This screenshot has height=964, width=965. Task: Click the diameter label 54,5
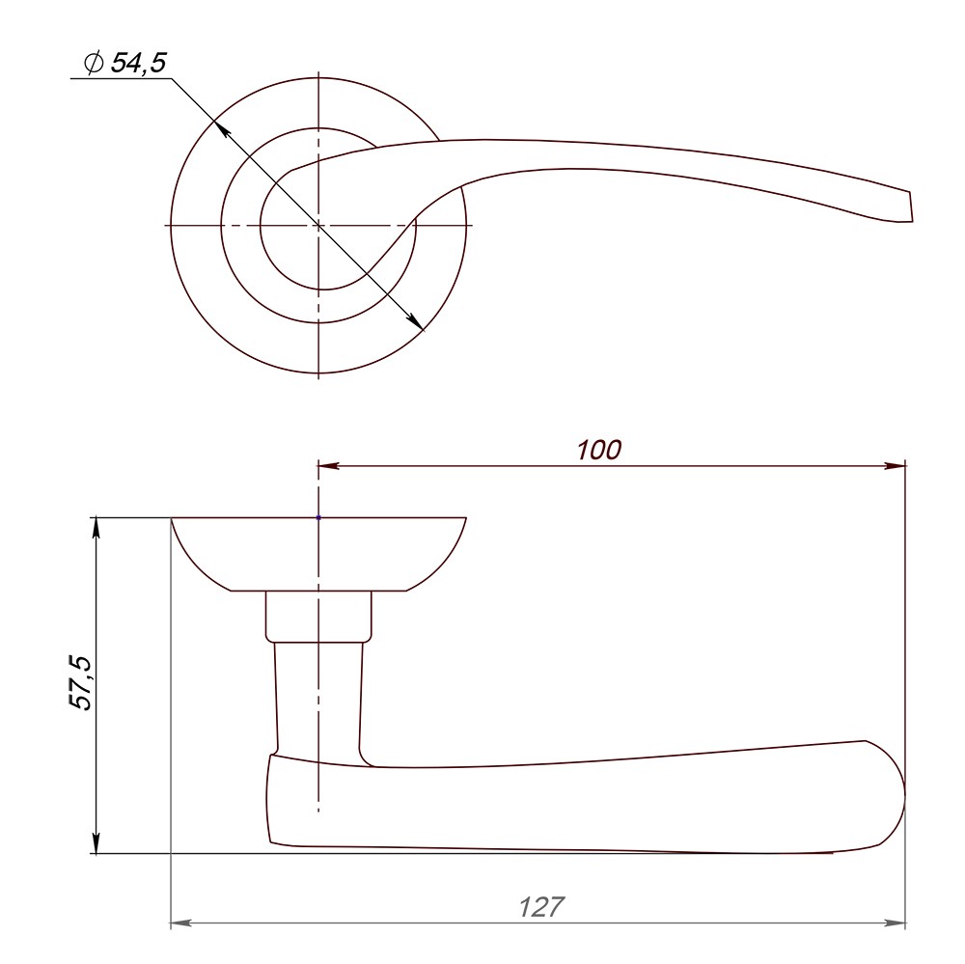(138, 63)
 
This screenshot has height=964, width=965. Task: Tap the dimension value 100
(599, 450)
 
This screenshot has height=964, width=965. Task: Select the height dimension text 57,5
(82, 683)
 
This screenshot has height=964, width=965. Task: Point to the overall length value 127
(541, 907)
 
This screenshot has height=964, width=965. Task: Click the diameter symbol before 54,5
(94, 63)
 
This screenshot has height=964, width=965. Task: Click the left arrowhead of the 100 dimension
(328, 466)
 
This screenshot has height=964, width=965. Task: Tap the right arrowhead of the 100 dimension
(896, 466)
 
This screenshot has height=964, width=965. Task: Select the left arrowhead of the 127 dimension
(181, 923)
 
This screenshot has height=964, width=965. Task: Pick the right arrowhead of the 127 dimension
(896, 923)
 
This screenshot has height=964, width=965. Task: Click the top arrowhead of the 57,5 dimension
(96, 529)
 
